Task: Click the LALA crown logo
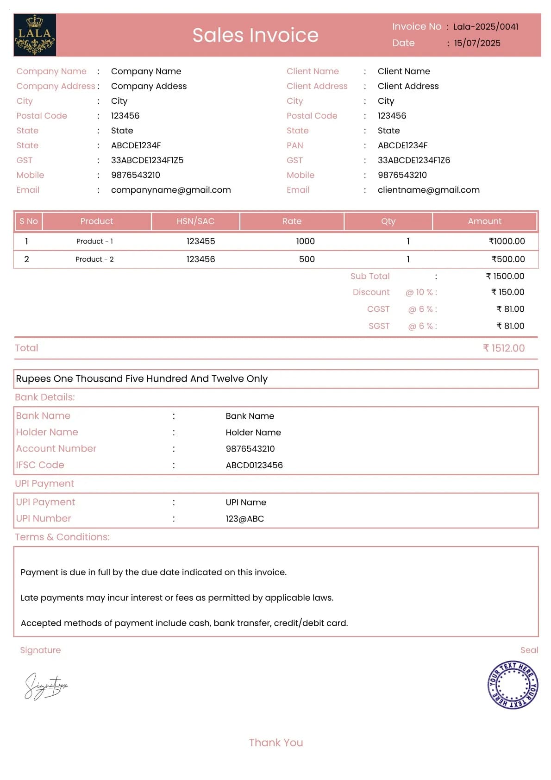coord(35,35)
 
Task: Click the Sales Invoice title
coord(255,35)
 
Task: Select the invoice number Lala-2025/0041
coord(486,27)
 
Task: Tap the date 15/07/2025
coord(477,43)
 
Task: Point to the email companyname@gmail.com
coord(171,190)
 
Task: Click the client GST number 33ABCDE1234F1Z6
coord(413,160)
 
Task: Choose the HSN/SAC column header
coord(195,221)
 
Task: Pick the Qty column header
coord(388,221)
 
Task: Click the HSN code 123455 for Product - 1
coord(200,241)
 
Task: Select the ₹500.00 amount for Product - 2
coord(508,259)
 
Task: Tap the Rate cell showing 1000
coord(305,241)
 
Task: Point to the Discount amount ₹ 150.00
coord(507,292)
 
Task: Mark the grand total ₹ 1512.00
coord(503,348)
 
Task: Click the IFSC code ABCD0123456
coord(254,465)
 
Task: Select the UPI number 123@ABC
coord(244,519)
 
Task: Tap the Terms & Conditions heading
coord(62,537)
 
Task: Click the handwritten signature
coord(45,686)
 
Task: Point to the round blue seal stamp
coord(513,685)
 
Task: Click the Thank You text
coord(276,743)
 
